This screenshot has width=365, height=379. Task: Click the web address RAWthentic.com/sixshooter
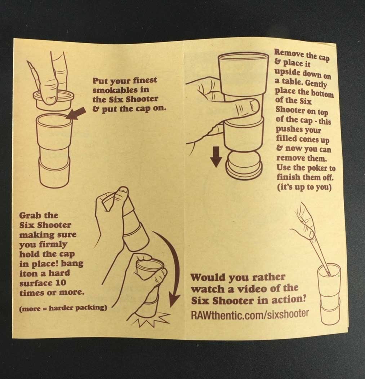pos(250,314)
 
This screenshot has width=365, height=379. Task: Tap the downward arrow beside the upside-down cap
pos(216,157)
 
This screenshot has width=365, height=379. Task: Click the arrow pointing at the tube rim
pos(76,113)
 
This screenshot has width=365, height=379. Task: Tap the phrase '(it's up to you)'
pos(304,187)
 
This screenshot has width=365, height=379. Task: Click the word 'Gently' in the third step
pos(316,83)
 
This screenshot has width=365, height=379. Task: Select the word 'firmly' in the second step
pos(53,244)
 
